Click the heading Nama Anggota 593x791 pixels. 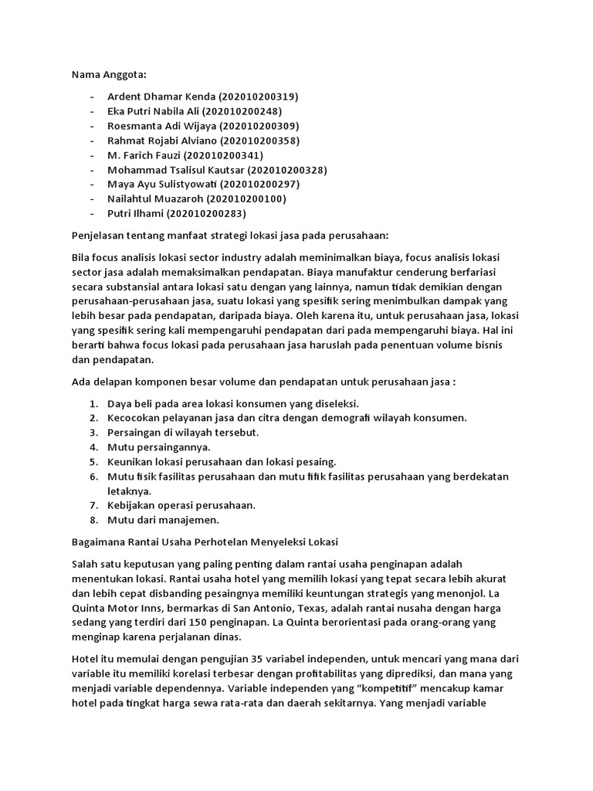(109, 75)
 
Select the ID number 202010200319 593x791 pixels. (259, 97)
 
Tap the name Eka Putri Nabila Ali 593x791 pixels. (161, 111)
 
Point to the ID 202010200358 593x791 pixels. (260, 141)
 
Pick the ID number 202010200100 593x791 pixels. (246, 199)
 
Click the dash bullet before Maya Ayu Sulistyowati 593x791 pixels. (93, 184)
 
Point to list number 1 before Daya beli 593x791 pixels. (93, 403)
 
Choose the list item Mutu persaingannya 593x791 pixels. (159, 446)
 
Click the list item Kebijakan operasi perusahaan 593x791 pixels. (181, 505)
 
